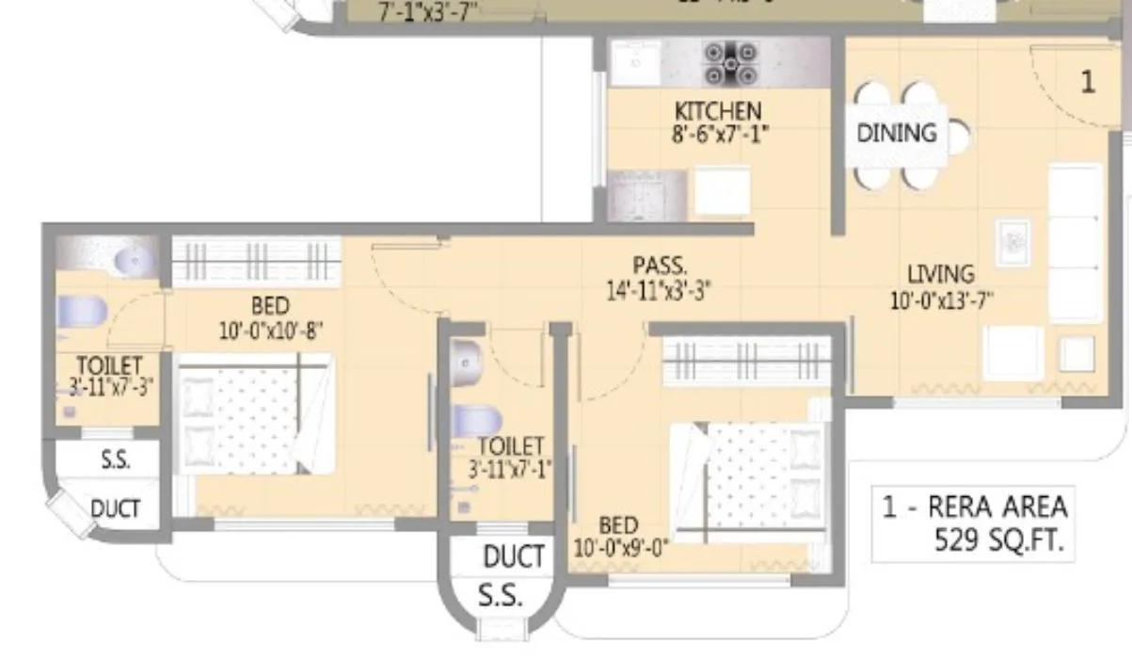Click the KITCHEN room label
tap(717, 111)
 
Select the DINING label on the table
tap(897, 133)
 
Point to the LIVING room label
tap(940, 274)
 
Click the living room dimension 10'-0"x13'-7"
tap(942, 300)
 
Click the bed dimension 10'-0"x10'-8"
tap(269, 330)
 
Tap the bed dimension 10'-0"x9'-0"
tap(619, 548)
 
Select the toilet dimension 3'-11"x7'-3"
tap(109, 386)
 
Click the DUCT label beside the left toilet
tap(116, 508)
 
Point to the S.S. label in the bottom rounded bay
tap(501, 597)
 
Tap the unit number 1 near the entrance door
tap(1087, 82)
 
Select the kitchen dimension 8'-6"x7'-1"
tap(717, 134)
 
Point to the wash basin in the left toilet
tap(132, 258)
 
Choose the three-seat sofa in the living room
tap(1075, 243)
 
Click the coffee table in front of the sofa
tap(1012, 243)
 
